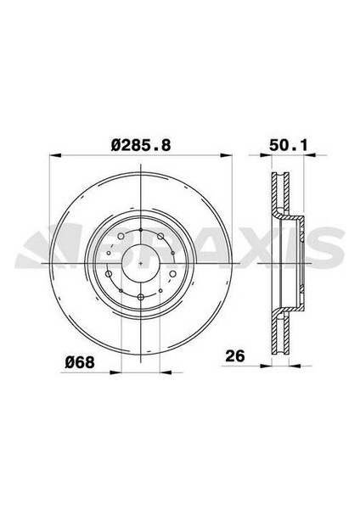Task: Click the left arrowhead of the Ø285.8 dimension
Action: point(53,155)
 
